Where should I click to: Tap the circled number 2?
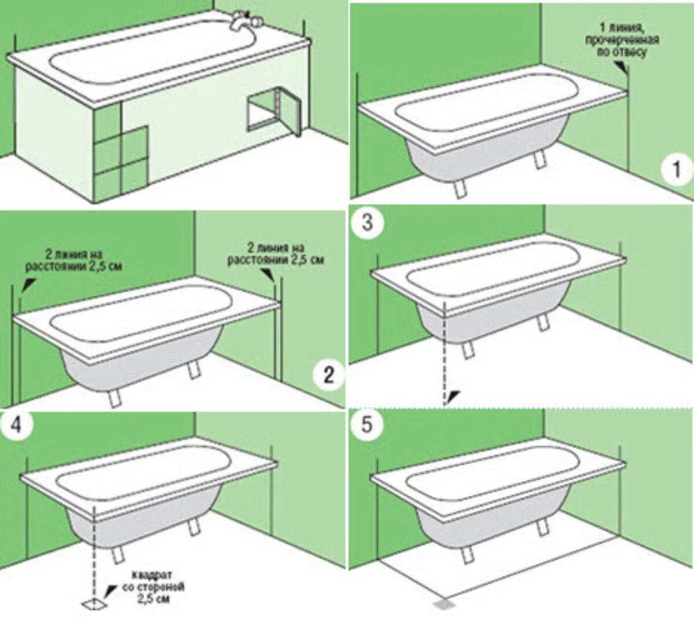click(328, 375)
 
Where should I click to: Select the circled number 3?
click(367, 222)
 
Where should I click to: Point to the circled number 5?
click(367, 426)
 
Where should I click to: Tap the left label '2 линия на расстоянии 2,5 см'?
click(74, 260)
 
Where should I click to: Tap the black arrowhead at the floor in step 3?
click(454, 396)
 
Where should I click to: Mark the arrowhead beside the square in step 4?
click(111, 590)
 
